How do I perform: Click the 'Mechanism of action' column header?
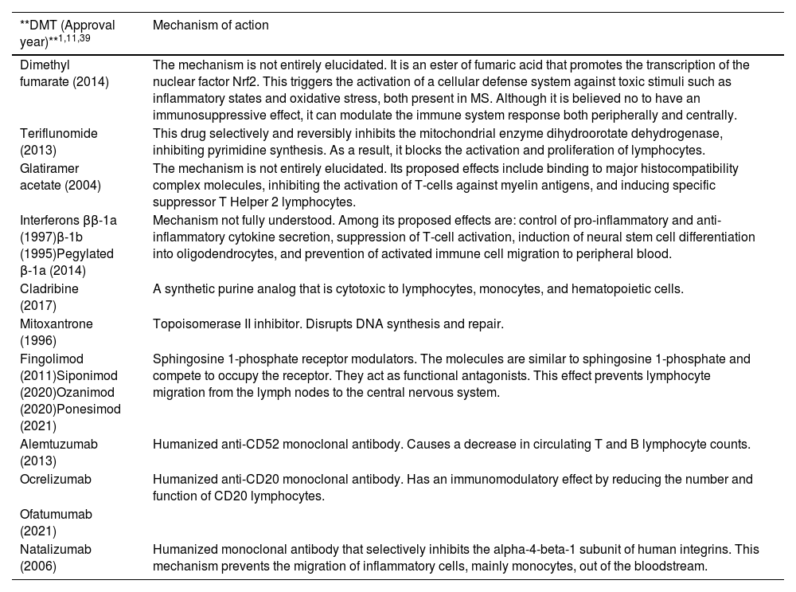(210, 25)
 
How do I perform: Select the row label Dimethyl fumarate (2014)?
(64, 73)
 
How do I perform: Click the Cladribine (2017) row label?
(49, 297)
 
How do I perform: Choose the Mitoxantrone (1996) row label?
(56, 332)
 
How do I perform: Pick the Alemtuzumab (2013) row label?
(58, 453)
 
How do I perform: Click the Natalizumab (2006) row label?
(56, 558)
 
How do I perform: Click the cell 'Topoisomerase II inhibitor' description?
(328, 324)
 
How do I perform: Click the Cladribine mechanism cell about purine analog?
(417, 289)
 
